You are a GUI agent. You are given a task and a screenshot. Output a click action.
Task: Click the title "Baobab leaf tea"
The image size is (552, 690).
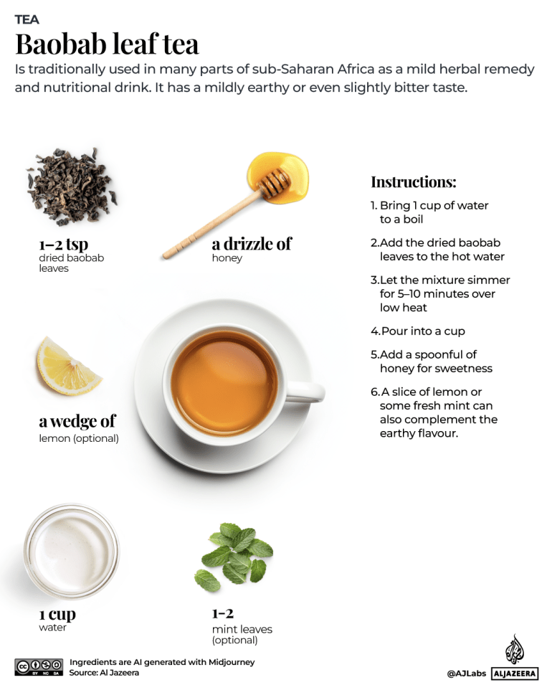pyautogui.click(x=107, y=44)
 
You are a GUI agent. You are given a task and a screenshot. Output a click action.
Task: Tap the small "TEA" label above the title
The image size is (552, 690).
pyautogui.click(x=27, y=19)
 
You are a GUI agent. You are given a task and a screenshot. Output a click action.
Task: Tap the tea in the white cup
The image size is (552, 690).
pyautogui.click(x=224, y=382)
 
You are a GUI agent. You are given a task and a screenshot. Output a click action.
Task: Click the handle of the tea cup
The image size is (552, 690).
pyautogui.click(x=307, y=392)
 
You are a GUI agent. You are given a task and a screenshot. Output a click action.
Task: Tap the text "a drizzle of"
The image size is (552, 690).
pyautogui.click(x=251, y=244)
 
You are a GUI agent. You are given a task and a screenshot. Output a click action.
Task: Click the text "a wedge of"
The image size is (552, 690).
pyautogui.click(x=77, y=420)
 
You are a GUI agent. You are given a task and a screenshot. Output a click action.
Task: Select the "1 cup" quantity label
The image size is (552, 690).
pyautogui.click(x=57, y=614)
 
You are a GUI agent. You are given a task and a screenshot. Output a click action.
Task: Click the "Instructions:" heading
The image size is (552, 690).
pyautogui.click(x=413, y=181)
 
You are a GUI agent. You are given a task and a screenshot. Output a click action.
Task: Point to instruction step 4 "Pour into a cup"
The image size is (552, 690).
pyautogui.click(x=418, y=331)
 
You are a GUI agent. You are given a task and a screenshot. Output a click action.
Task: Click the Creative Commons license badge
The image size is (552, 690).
pyautogui.click(x=39, y=667)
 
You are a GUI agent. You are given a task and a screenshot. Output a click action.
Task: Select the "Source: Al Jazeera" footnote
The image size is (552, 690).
pyautogui.click(x=104, y=673)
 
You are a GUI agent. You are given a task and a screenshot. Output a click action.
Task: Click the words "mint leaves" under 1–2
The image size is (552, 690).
pyautogui.click(x=242, y=629)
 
